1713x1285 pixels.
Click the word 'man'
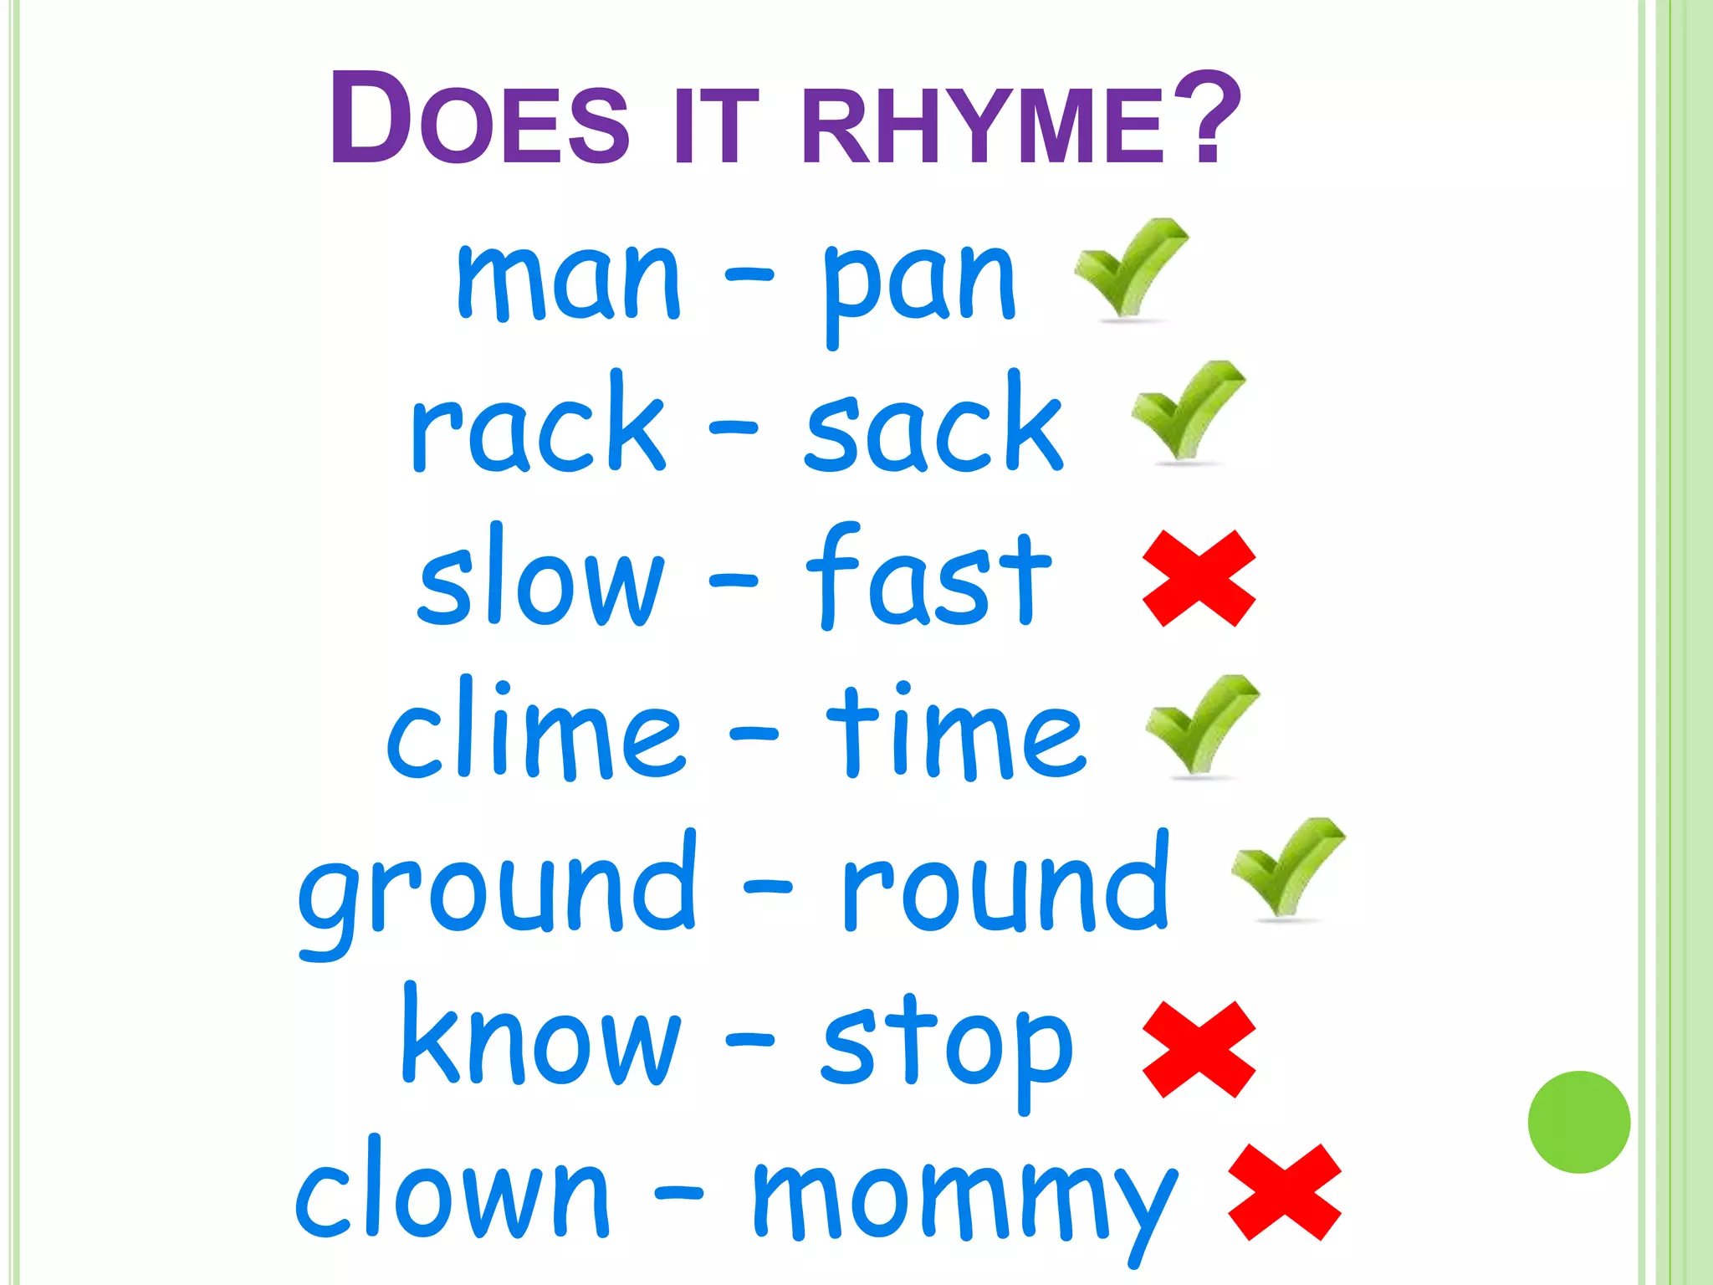coord(569,280)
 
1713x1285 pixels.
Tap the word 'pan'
coord(920,284)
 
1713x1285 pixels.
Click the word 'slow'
coord(540,577)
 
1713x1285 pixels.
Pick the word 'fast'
coord(928,577)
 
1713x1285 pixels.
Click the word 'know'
coord(540,1037)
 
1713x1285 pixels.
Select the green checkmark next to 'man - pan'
coord(1129,268)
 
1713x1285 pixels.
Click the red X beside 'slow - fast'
coord(1199,578)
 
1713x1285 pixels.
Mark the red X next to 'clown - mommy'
coord(1284,1191)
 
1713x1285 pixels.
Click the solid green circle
coord(1578,1122)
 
